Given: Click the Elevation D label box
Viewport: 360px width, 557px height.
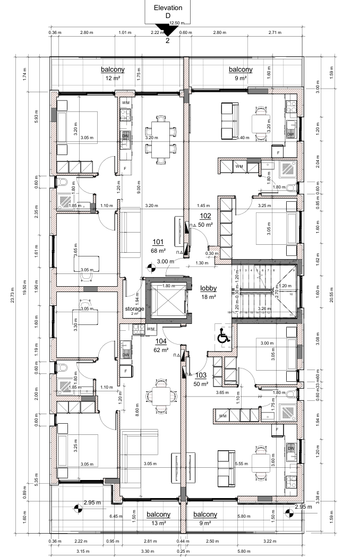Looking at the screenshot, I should point(168,11).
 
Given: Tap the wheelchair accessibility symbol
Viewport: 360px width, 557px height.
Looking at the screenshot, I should point(222,337).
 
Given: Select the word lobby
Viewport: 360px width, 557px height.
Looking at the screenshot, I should point(208,289).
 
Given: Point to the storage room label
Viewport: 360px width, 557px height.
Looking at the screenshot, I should point(134,309).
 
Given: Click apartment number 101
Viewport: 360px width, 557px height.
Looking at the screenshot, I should point(158,242).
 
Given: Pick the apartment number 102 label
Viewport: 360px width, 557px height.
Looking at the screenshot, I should point(205,216).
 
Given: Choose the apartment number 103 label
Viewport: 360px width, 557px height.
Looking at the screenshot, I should point(201,375).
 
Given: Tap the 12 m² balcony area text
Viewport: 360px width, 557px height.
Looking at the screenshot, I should point(112,78).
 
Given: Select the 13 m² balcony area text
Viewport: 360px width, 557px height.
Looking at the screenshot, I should point(158,523).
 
